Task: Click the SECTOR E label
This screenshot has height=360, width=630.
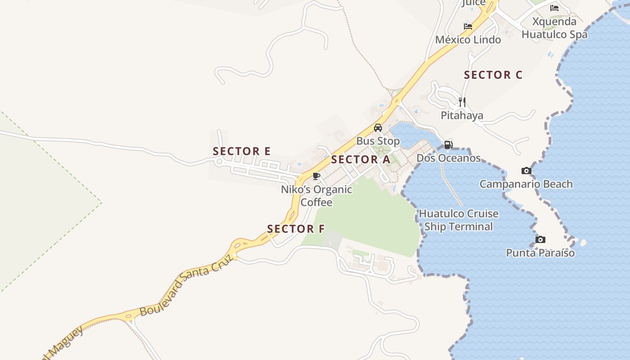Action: pos(242,151)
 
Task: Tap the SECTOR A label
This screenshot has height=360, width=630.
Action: pos(360,159)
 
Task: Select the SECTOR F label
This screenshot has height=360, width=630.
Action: pos(296,229)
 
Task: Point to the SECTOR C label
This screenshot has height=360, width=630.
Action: pos(493,75)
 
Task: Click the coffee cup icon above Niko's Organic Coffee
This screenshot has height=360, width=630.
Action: pos(316,176)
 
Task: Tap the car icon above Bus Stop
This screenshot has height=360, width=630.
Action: pos(378,128)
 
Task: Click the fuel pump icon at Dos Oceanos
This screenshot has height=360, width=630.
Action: pos(448,145)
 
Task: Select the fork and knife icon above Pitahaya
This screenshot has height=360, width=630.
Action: pos(462,102)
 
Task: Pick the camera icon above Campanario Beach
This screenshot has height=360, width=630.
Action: pos(526,171)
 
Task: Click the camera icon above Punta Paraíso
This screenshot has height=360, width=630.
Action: pos(540,239)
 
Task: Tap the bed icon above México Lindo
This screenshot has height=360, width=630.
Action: pos(468,27)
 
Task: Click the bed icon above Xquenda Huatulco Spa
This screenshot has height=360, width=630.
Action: pos(554,8)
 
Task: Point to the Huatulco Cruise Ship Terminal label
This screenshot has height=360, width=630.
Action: pos(459,220)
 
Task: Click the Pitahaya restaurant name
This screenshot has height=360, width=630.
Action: pos(462,116)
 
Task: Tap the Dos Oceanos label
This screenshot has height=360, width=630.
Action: pos(448,158)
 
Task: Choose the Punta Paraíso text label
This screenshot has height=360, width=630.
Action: pos(540,253)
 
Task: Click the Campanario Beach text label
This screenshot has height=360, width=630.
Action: pos(526,184)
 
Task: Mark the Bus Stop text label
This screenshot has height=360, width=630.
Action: pos(378,141)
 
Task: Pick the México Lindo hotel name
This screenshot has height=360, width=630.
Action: pos(468,40)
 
